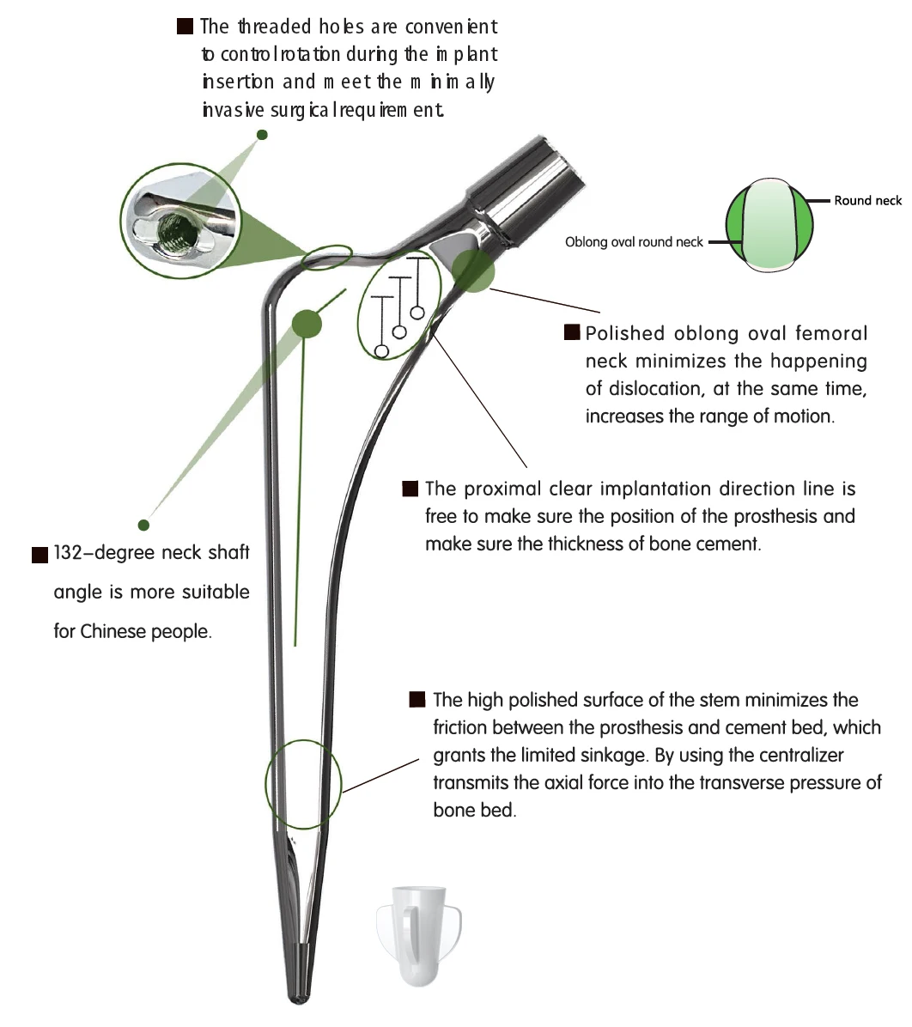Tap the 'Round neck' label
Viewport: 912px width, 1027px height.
pos(867,201)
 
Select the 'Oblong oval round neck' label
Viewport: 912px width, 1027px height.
pos(634,242)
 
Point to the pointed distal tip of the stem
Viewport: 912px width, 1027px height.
pos(301,996)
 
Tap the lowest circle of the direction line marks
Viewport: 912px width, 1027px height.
pos(382,350)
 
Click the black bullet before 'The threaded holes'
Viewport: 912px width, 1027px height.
pos(185,27)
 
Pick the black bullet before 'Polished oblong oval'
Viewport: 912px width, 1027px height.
pos(571,333)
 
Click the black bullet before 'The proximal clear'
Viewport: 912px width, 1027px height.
pos(410,489)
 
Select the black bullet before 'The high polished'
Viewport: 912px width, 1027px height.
pos(418,700)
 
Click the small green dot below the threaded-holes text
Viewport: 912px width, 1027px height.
pos(263,135)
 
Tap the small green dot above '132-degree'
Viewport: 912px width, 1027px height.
pos(143,525)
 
